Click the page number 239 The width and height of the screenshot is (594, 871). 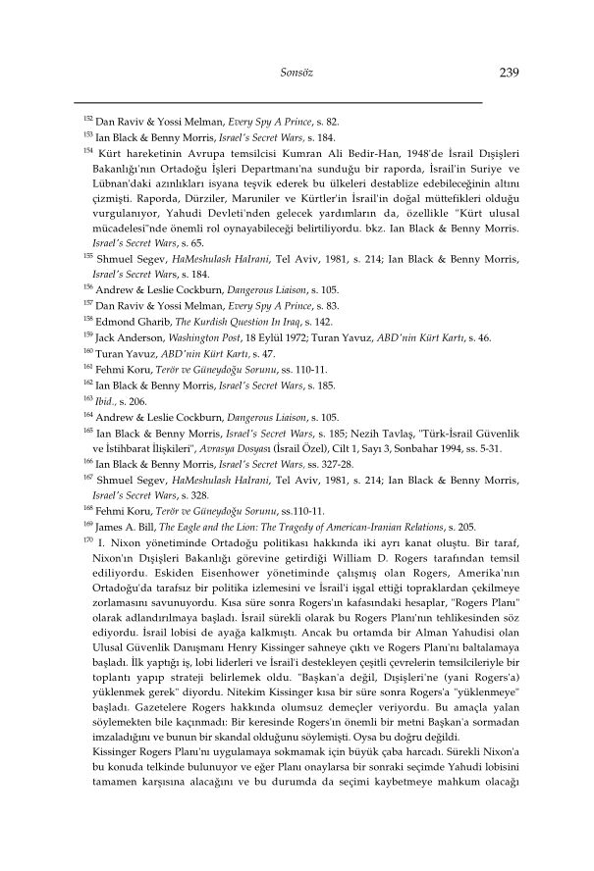coord(509,72)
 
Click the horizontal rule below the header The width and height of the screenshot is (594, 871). coord(279,102)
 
